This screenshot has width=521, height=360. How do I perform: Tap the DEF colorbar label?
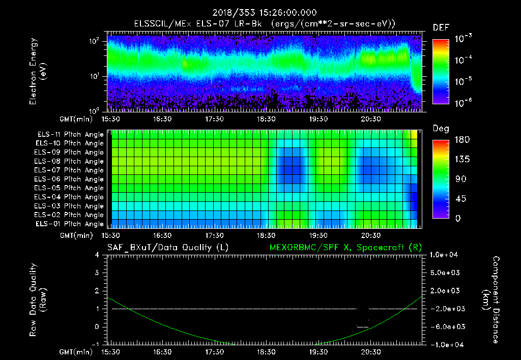441,27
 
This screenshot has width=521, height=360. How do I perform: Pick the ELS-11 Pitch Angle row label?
70,135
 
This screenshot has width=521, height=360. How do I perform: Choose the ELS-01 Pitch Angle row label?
70,224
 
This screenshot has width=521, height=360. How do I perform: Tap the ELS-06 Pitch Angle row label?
70,179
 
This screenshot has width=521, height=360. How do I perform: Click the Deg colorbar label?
441,129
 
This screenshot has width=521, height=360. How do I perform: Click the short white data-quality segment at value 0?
362,326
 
